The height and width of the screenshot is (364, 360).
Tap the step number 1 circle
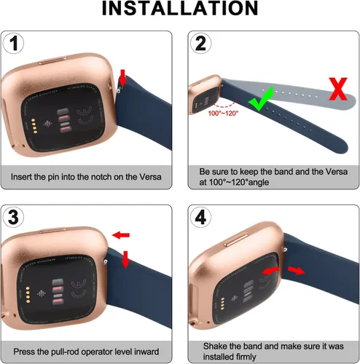pyautogui.click(x=12, y=43)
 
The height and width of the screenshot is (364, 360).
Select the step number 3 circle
pyautogui.click(x=13, y=217)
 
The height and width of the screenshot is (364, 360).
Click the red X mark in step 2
pyautogui.click(x=337, y=90)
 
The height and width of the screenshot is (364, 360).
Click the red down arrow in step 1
pyautogui.click(x=122, y=76)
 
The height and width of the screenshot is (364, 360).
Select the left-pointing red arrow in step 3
pyautogui.click(x=122, y=235)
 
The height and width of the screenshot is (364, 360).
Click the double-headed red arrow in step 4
pyautogui.click(x=269, y=271)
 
